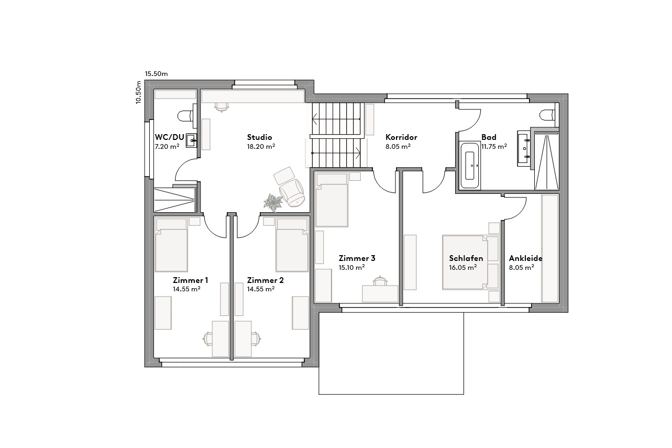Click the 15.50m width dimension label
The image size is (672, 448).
click(156, 74)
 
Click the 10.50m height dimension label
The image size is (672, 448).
click(139, 93)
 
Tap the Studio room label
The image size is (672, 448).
click(260, 137)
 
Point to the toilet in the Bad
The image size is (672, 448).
click(547, 114)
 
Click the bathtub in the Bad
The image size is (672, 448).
click(470, 165)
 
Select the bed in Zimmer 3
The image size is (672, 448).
click(332, 200)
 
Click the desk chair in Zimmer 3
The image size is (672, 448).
click(380, 282)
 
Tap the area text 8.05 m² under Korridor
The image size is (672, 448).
click(398, 147)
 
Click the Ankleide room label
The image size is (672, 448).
click(525, 258)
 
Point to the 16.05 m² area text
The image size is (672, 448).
click(462, 267)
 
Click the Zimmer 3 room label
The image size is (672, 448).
click(357, 258)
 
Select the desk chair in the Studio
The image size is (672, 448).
click(222, 106)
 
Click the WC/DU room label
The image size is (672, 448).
click(169, 137)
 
